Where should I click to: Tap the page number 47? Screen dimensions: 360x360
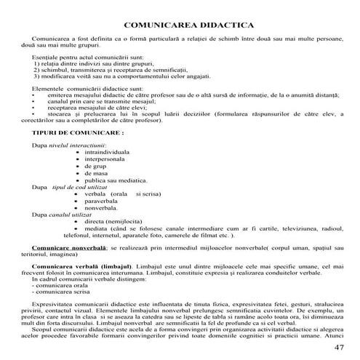click(339, 347)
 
